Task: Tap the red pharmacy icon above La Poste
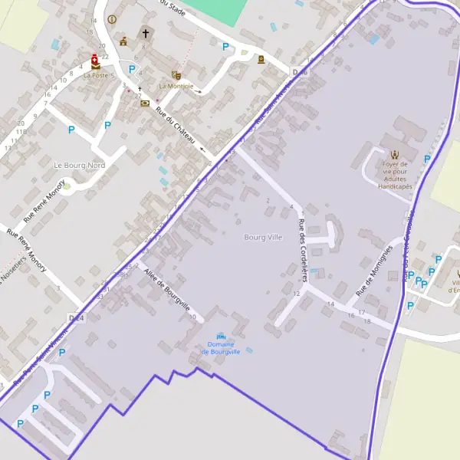click(94, 58)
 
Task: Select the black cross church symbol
click(144, 33)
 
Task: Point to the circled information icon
click(112, 19)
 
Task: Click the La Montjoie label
click(176, 86)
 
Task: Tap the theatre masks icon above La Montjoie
click(176, 75)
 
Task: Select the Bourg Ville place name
click(263, 238)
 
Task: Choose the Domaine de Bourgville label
click(221, 348)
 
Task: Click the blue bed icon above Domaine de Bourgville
click(222, 336)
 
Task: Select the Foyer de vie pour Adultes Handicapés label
click(395, 175)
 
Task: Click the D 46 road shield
click(300, 72)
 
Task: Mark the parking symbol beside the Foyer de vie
click(427, 159)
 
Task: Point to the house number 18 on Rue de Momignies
click(367, 321)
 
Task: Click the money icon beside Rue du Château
click(145, 103)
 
